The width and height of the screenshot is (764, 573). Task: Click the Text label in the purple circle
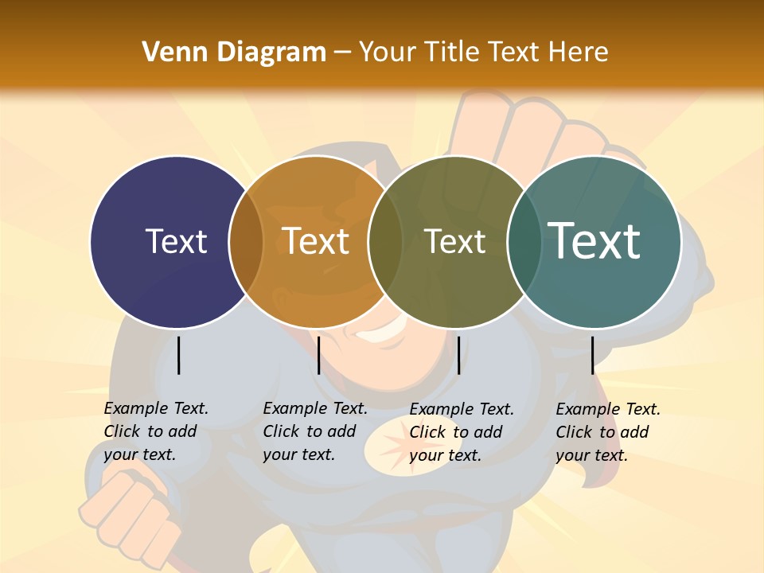176,241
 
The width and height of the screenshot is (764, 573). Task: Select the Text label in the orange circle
316,241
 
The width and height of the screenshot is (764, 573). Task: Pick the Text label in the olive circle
455,241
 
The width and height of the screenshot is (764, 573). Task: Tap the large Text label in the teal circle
594,241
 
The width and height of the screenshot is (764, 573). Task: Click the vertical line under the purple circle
178,355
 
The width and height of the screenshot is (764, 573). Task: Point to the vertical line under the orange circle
318,355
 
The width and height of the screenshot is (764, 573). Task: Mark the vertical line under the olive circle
458,355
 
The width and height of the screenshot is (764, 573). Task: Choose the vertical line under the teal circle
592,355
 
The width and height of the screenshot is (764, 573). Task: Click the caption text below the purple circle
155,431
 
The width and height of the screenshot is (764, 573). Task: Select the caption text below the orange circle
314,431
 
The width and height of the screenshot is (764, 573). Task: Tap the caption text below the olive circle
461,432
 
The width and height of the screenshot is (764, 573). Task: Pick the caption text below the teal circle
607,432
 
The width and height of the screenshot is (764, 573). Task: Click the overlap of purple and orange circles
246,242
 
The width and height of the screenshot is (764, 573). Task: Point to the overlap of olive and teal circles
523,242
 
